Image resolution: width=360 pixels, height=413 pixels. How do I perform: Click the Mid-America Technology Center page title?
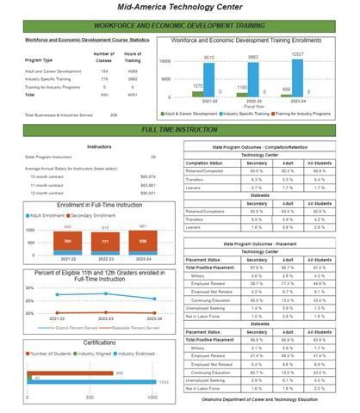(x=179, y=6)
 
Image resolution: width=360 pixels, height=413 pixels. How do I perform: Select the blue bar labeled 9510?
(x=209, y=87)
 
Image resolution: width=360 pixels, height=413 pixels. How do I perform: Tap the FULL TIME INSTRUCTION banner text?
(x=179, y=128)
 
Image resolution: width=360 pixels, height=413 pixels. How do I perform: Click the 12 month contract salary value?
(x=147, y=192)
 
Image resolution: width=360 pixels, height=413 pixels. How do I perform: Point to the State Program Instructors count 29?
(x=153, y=157)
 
